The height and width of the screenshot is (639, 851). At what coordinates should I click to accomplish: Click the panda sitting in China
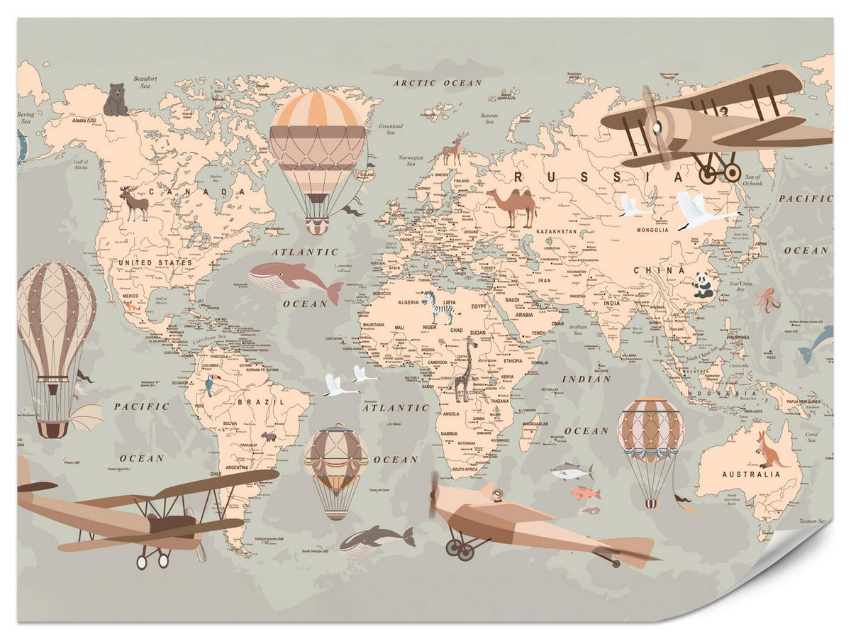(703, 285)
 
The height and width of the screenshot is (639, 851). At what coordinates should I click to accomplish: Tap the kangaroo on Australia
(769, 449)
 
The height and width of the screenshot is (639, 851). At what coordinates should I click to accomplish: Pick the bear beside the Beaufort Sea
(116, 100)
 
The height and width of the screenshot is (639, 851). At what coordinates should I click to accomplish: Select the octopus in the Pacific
(767, 299)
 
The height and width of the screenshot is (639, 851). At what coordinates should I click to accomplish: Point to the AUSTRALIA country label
(750, 474)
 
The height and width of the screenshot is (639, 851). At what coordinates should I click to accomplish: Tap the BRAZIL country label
(250, 401)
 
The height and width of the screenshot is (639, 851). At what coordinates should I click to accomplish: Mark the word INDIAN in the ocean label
(586, 379)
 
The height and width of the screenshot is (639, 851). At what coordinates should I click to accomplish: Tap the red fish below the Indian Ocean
(586, 493)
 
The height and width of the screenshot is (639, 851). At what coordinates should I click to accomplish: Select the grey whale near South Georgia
(374, 541)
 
